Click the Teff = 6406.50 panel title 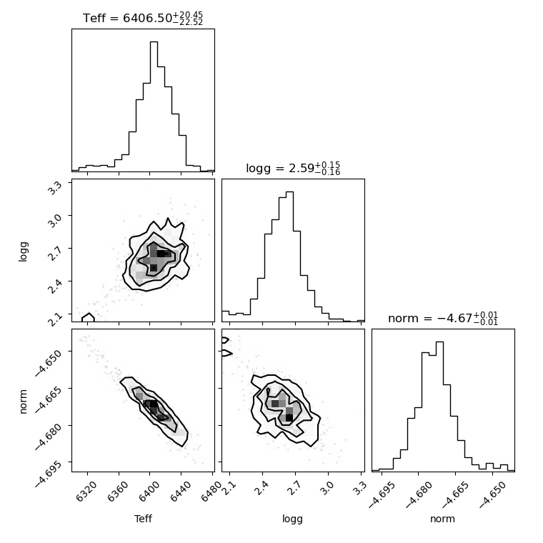pyautogui.click(x=143, y=18)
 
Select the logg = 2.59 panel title pyautogui.click(x=293, y=169)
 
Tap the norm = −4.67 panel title pyautogui.click(x=443, y=318)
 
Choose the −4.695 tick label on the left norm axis pyautogui.click(x=49, y=474)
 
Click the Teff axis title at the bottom pyautogui.click(x=143, y=519)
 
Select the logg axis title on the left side pyautogui.click(x=23, y=251)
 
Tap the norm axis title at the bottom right pyautogui.click(x=442, y=519)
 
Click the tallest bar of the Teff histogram pyautogui.click(x=154, y=106)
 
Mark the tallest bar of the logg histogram pyautogui.click(x=289, y=256)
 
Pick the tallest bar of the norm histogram pyautogui.click(x=439, y=407)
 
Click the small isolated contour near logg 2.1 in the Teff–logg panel pyautogui.click(x=89, y=317)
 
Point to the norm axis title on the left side pyautogui.click(x=23, y=402)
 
